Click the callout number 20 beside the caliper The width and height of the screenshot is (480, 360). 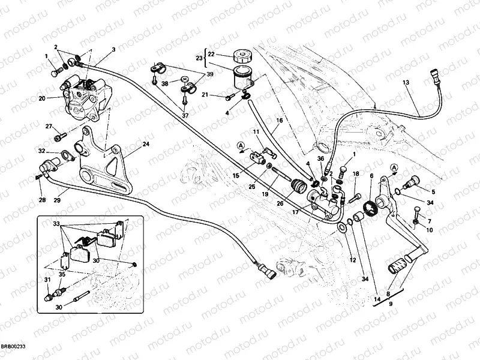[x=42, y=98]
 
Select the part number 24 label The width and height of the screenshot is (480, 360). [x=145, y=144]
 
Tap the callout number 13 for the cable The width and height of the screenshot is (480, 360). [x=406, y=82]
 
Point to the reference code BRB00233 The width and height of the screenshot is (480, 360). [x=13, y=347]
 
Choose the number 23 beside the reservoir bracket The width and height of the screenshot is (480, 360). [x=199, y=58]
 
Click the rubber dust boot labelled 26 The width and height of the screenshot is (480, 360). [x=296, y=188]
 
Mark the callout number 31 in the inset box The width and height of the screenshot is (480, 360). [x=47, y=280]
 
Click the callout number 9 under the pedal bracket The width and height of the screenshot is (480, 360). [x=391, y=304]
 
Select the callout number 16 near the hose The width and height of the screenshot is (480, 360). [x=279, y=121]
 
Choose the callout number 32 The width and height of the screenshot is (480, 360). [x=41, y=151]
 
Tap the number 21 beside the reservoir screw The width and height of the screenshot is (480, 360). [x=205, y=94]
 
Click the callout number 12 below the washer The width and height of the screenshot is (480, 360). [x=353, y=260]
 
